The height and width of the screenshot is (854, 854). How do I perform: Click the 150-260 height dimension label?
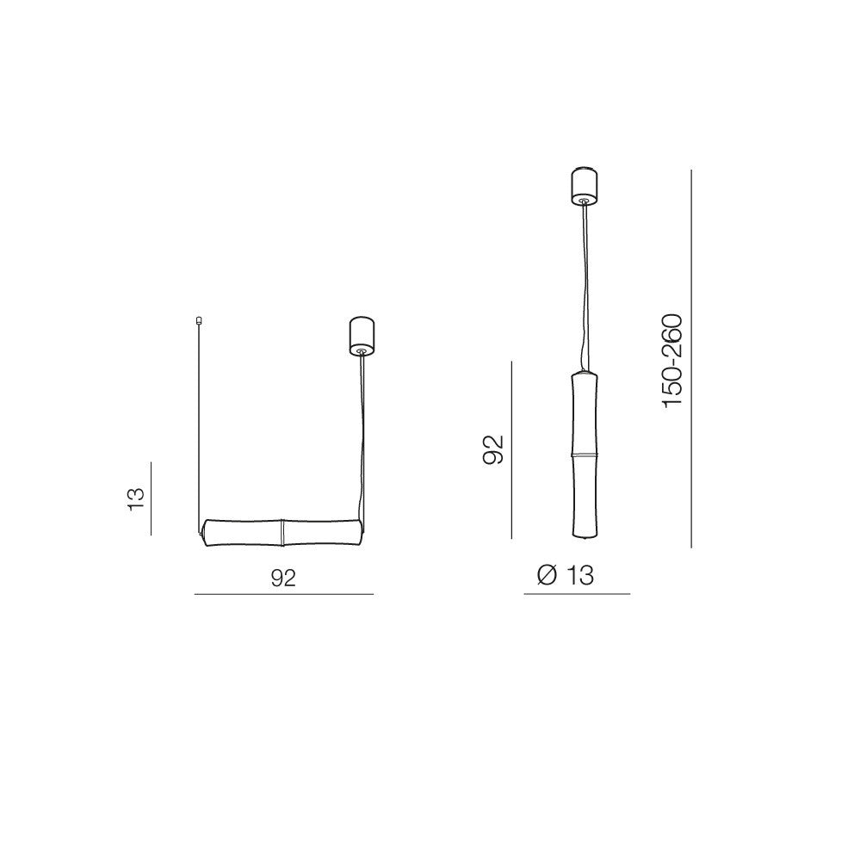pos(672,360)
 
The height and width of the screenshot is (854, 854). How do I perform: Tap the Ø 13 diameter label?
pos(565,574)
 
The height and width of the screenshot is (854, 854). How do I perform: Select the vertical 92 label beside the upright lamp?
pos(493,449)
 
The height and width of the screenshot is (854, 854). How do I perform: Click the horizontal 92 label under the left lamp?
pos(283,578)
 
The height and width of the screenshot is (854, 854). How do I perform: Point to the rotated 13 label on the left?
pos(136,498)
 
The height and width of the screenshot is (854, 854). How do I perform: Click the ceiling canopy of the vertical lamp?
pos(584,187)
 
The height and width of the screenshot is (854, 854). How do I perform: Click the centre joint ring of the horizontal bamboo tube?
pos(282,531)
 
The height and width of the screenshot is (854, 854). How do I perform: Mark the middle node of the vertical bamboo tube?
pos(585,455)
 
